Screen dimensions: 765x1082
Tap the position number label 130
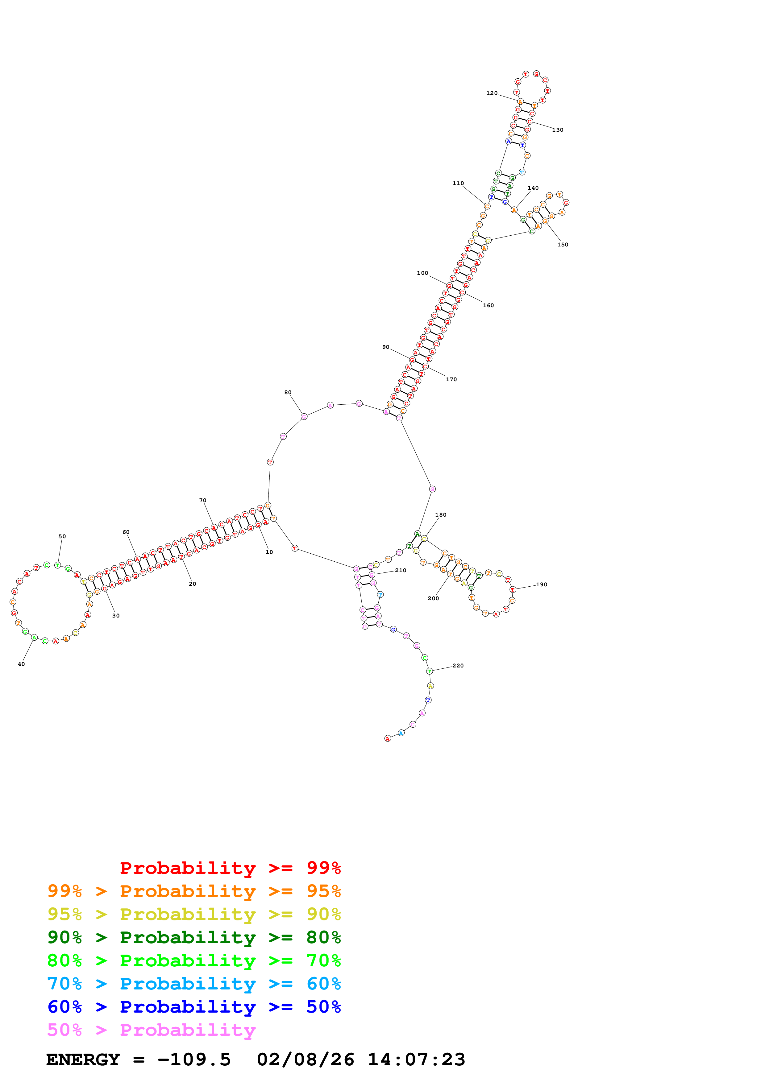click(x=558, y=130)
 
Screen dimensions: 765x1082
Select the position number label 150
click(x=563, y=245)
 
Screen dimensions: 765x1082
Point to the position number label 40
click(x=21, y=664)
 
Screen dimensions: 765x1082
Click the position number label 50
click(x=62, y=536)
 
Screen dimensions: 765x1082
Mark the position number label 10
click(x=269, y=552)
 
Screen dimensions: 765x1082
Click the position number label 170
click(x=451, y=379)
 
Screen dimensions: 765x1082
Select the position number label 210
click(x=401, y=570)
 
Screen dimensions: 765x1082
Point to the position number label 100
click(x=422, y=273)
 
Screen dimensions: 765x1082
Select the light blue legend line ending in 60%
click(x=194, y=984)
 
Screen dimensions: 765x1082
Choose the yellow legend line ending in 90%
click(x=194, y=914)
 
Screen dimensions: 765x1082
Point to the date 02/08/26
click(x=305, y=1059)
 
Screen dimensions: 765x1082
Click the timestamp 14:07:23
click(x=416, y=1059)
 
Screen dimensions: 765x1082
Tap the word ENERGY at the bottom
click(x=83, y=1059)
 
